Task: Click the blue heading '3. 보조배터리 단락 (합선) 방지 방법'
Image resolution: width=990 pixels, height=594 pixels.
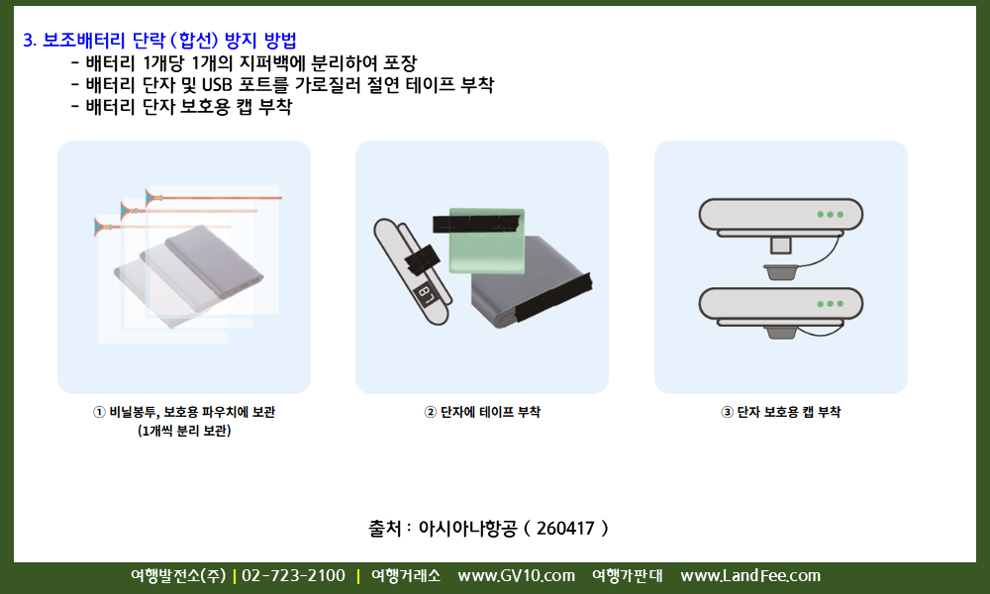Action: (x=159, y=41)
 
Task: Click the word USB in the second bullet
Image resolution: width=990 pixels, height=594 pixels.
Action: (x=217, y=84)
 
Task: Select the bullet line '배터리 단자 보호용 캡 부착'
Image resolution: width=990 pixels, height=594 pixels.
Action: (x=188, y=106)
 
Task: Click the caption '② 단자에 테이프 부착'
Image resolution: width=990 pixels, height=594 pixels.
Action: (x=482, y=412)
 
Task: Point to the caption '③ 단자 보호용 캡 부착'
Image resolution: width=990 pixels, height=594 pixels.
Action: (x=780, y=412)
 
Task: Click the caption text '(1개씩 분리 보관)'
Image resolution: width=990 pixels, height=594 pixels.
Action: (x=184, y=431)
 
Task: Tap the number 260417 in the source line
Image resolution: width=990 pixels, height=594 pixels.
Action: (x=565, y=528)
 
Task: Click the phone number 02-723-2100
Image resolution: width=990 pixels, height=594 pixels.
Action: (x=294, y=576)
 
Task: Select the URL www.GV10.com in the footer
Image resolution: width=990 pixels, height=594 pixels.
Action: (x=517, y=576)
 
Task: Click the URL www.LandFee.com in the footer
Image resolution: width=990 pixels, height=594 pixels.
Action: (x=750, y=576)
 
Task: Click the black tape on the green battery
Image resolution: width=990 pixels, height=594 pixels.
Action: (x=477, y=223)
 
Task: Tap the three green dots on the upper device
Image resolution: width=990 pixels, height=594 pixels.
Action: (x=831, y=215)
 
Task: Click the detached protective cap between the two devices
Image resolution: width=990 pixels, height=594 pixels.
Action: (x=781, y=272)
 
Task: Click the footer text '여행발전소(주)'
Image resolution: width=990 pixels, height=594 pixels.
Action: (x=178, y=576)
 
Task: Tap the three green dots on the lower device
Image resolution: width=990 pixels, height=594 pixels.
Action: (x=831, y=304)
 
